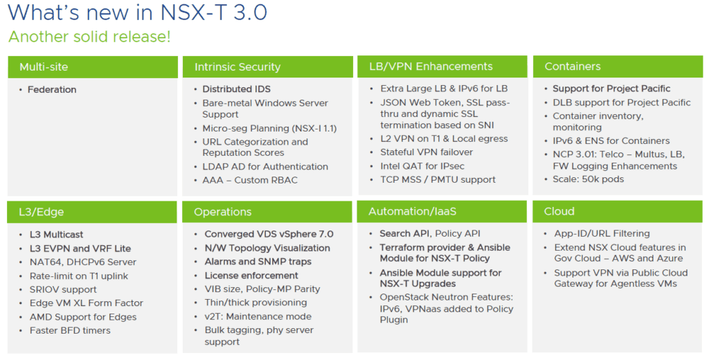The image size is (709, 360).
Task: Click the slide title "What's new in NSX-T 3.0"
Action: (138, 12)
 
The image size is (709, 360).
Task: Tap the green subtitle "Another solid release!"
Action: (89, 37)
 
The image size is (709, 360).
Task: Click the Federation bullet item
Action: (52, 89)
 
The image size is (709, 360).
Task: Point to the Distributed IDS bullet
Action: (237, 89)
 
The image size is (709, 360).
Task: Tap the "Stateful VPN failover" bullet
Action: (427, 152)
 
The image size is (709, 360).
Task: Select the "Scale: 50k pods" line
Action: (589, 179)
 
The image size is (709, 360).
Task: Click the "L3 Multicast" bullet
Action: (57, 235)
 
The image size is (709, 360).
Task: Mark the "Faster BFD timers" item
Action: (70, 331)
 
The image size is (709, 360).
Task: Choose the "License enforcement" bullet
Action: (251, 276)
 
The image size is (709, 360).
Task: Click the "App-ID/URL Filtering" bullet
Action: (602, 234)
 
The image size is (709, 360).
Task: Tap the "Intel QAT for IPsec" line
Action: (422, 166)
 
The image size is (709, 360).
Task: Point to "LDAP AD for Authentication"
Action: (265, 166)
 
